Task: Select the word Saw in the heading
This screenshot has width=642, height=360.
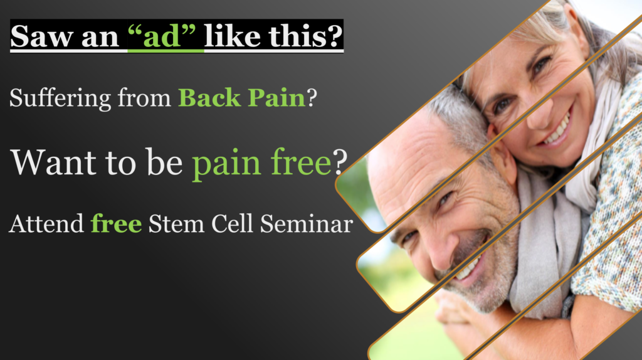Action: pyautogui.click(x=40, y=36)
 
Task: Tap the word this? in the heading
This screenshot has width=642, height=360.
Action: pyautogui.click(x=305, y=36)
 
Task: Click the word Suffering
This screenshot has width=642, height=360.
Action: pyautogui.click(x=60, y=98)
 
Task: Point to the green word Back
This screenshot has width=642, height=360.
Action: pyautogui.click(x=209, y=98)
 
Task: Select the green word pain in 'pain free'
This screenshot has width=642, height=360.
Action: pyautogui.click(x=226, y=164)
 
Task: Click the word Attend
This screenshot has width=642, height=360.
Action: pyautogui.click(x=46, y=224)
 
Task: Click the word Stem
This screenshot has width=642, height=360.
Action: pyautogui.click(x=176, y=224)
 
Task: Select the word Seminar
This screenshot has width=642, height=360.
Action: pyautogui.click(x=306, y=224)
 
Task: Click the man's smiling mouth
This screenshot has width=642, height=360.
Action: pyautogui.click(x=471, y=266)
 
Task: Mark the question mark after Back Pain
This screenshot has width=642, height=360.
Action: pyautogui.click(x=312, y=98)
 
